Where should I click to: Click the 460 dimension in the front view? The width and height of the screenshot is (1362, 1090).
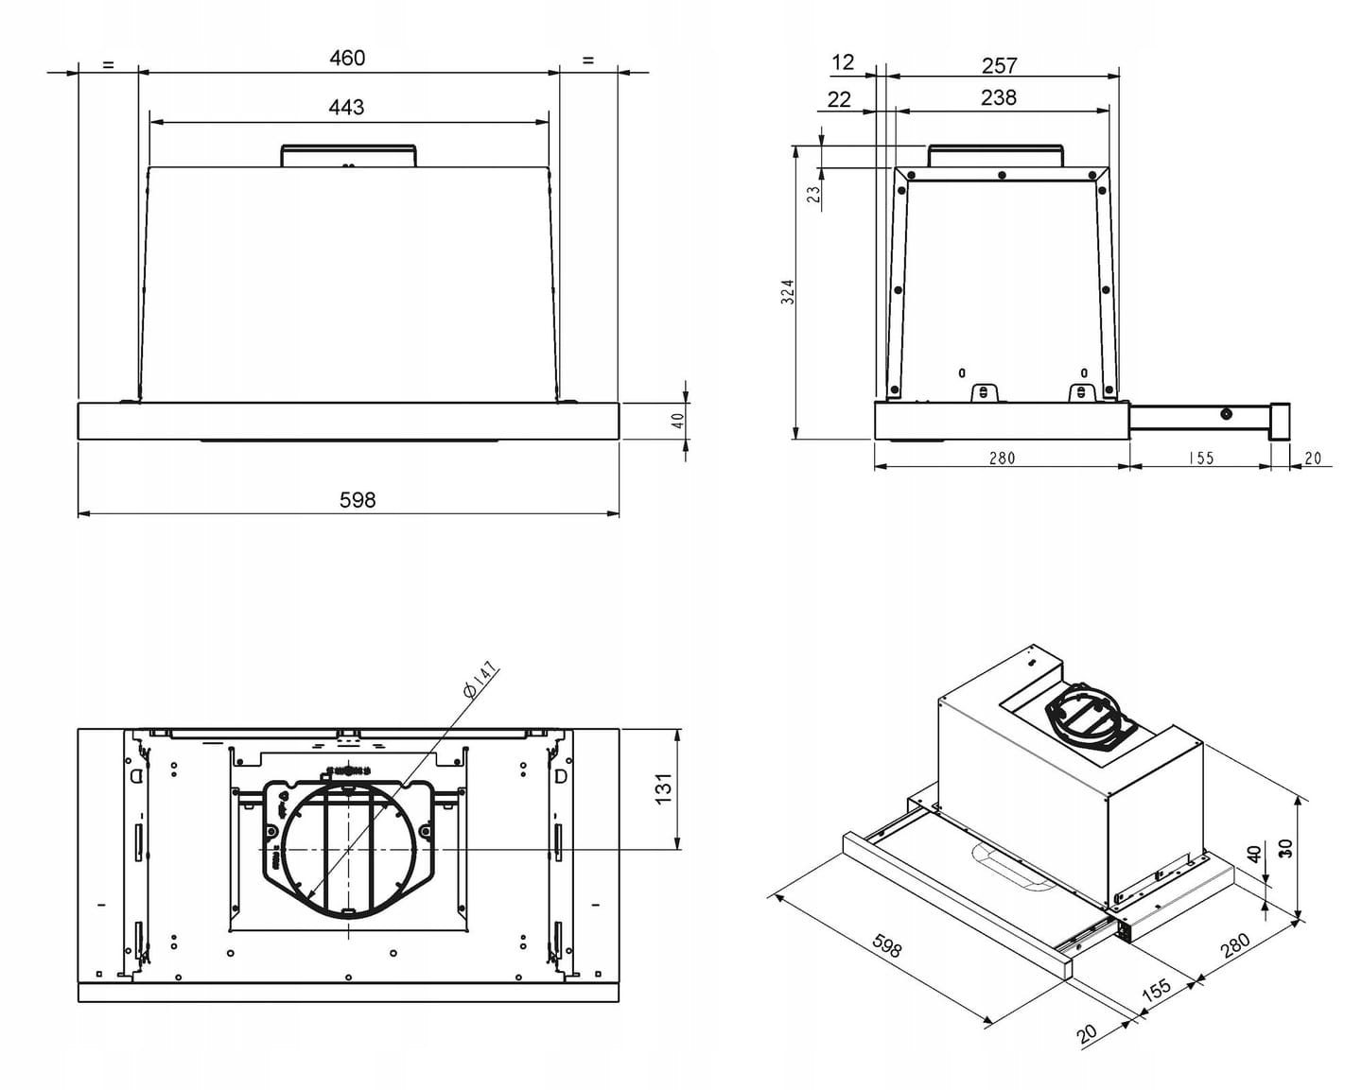pos(347,59)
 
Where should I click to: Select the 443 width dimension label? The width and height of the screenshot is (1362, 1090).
pos(346,107)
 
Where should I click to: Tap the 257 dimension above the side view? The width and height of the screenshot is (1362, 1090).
pos(1000,65)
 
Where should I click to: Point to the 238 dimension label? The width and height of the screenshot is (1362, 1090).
pos(999,97)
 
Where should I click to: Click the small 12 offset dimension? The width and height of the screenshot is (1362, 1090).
pos(843,62)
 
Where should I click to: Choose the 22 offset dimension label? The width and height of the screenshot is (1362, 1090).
pos(839,99)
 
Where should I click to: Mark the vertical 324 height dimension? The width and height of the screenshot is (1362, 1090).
pos(787,291)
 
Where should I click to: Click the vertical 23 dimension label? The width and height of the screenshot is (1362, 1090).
pos(814,194)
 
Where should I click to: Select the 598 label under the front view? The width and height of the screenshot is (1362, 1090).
pos(358,500)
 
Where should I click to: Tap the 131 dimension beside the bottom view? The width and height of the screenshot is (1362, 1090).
pos(663,788)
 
